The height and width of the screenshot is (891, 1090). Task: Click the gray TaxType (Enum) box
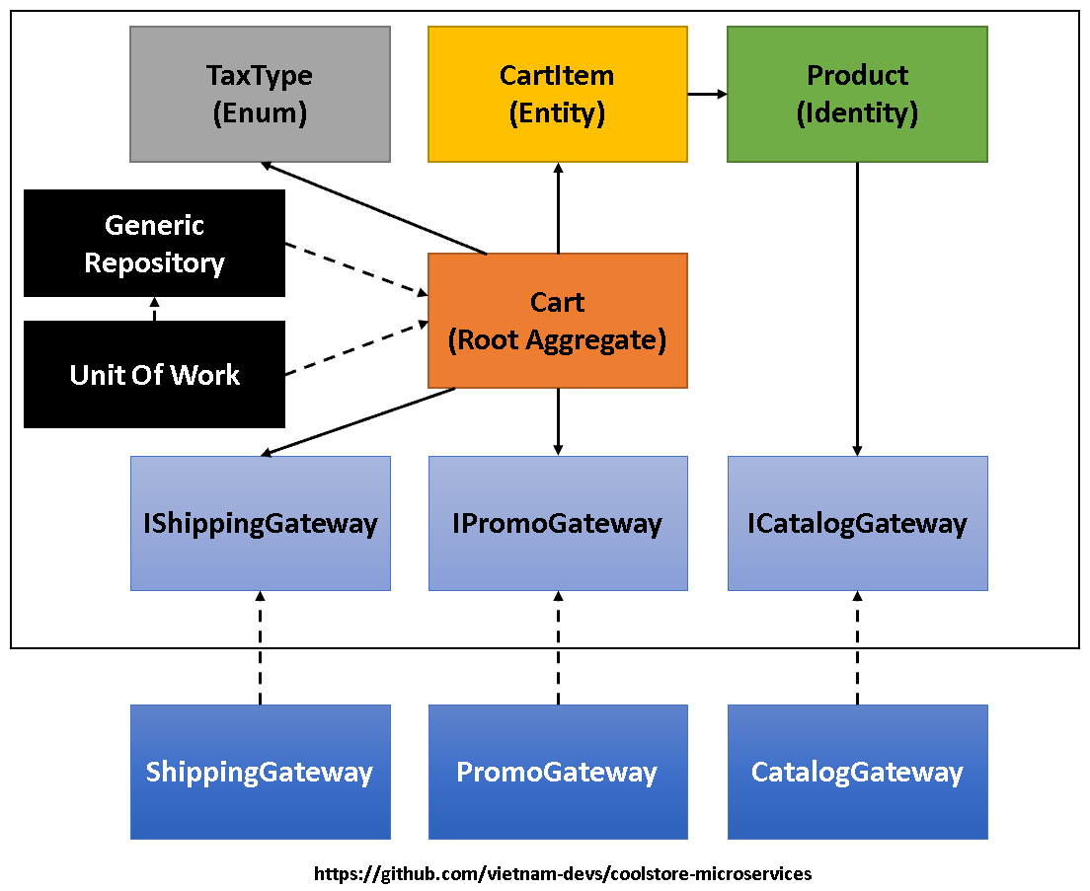(x=260, y=94)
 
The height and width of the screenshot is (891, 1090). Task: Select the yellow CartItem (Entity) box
(x=557, y=94)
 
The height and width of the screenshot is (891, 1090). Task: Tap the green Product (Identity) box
(x=857, y=94)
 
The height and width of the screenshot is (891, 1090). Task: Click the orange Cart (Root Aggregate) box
(x=557, y=321)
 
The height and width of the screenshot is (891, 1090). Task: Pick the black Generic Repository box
(x=154, y=243)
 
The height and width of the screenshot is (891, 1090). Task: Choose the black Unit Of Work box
(x=154, y=374)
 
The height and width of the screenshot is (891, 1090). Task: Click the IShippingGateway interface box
(x=260, y=523)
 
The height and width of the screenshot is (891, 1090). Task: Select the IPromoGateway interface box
(x=557, y=523)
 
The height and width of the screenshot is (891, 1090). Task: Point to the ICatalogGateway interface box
(x=857, y=523)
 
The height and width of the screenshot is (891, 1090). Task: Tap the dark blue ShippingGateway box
(x=260, y=772)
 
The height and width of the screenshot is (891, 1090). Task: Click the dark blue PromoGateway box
(x=557, y=772)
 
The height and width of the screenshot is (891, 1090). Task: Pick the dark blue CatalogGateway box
(x=857, y=772)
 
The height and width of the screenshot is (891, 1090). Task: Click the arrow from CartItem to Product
(x=707, y=94)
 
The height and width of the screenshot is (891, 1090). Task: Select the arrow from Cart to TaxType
(x=375, y=208)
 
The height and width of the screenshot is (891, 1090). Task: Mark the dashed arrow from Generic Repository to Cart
(x=355, y=268)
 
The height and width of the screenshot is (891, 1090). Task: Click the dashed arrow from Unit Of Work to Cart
(x=355, y=348)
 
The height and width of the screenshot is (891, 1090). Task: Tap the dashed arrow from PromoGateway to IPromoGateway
(x=558, y=647)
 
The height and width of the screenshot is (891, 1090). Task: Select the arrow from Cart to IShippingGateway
(x=357, y=422)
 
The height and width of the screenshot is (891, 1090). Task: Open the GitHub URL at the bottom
(x=563, y=874)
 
